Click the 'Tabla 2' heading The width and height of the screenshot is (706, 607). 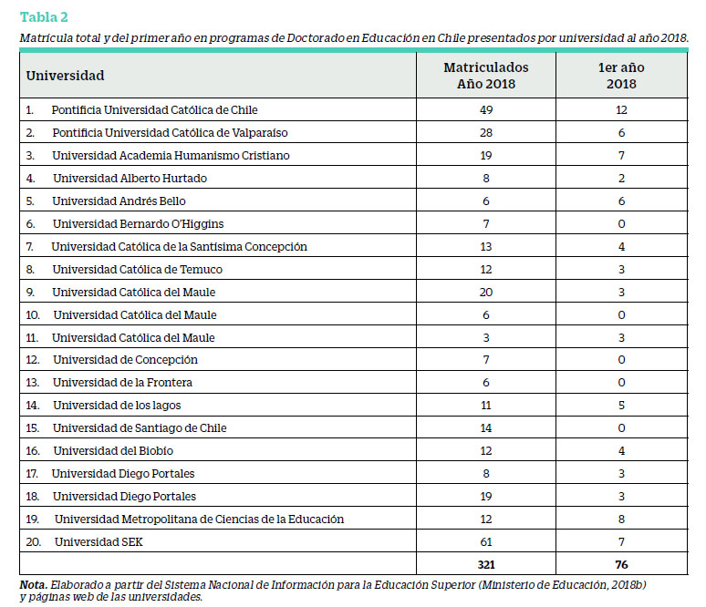click(x=44, y=17)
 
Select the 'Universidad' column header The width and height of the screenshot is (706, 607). click(x=65, y=75)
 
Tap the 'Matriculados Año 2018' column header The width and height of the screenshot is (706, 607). click(x=486, y=75)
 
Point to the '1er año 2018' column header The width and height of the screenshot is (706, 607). click(x=621, y=75)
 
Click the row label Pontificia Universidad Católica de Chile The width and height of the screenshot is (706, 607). click(x=154, y=109)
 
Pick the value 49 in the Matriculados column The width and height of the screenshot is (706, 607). click(x=486, y=109)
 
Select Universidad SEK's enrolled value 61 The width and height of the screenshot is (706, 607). click(x=486, y=541)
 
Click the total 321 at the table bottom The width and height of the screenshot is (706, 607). click(x=486, y=565)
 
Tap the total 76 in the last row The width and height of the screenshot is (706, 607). click(x=621, y=565)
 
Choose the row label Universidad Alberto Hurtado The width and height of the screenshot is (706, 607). click(x=130, y=179)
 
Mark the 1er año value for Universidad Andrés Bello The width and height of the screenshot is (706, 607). click(x=621, y=201)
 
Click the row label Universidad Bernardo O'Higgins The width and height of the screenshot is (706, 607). click(x=138, y=223)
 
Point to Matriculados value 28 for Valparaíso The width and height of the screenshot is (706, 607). click(x=486, y=133)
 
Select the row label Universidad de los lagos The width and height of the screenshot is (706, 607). click(x=117, y=406)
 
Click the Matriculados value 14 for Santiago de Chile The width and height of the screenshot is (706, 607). click(x=486, y=428)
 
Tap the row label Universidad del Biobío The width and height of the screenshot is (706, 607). click(x=113, y=451)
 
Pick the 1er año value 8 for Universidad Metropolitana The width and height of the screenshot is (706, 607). click(x=621, y=520)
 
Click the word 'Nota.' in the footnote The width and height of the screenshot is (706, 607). click(x=34, y=585)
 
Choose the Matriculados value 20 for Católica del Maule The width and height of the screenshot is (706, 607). click(x=486, y=292)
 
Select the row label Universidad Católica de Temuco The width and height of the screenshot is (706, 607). click(x=138, y=270)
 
